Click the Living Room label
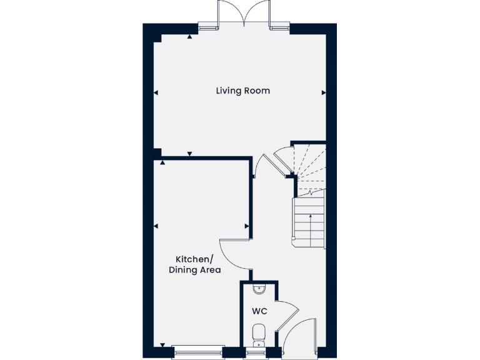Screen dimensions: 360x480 (x=242, y=91)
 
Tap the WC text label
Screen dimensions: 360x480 (x=259, y=311)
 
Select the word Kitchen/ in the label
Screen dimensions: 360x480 (x=194, y=259)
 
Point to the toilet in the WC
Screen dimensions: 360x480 (x=259, y=334)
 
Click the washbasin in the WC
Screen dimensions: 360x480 (x=259, y=288)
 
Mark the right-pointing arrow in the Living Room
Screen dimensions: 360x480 (x=324, y=92)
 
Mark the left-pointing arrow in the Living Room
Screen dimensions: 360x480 (x=156, y=92)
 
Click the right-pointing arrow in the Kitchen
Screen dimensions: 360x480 (x=247, y=226)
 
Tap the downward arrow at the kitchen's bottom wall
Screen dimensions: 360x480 (x=162, y=344)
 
